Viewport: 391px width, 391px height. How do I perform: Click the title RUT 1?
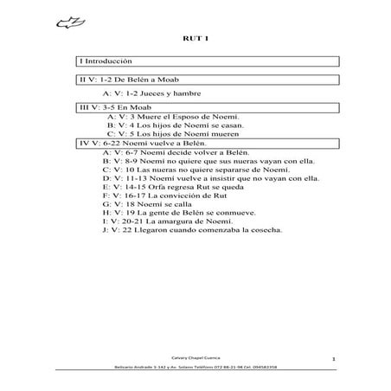(195, 39)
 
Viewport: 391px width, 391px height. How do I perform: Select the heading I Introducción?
(106, 62)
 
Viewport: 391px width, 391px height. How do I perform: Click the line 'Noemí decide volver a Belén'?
(169, 152)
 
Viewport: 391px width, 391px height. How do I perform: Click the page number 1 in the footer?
(333, 357)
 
